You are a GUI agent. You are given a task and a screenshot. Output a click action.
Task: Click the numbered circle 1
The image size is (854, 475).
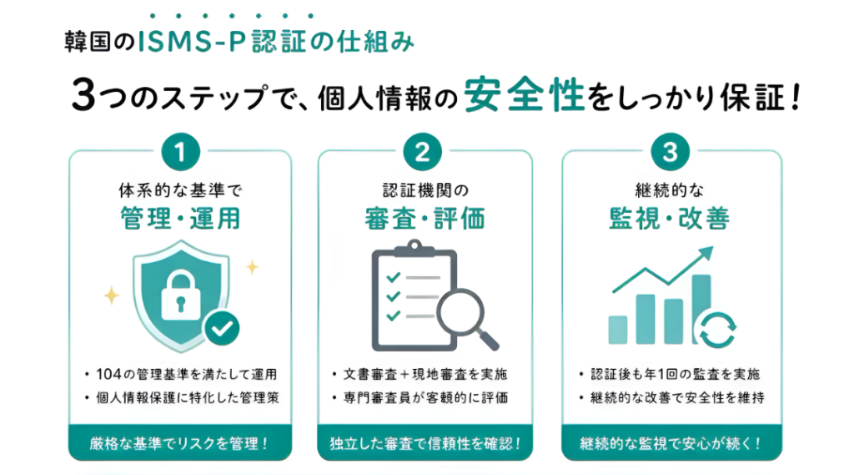(x=180, y=152)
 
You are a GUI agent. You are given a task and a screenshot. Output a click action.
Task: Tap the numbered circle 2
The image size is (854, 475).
(x=423, y=152)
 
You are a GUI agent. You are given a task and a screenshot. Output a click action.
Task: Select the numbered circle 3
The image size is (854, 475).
(x=671, y=152)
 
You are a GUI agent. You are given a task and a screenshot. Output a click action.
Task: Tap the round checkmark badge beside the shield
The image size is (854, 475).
(x=222, y=328)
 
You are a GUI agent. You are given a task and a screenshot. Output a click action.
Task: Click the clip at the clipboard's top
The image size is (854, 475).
(x=414, y=249)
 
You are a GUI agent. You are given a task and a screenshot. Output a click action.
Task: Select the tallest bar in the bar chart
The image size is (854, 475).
(x=701, y=309)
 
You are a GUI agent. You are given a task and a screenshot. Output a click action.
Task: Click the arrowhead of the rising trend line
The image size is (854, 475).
(x=706, y=254)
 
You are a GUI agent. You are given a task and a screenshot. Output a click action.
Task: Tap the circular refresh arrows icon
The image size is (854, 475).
(x=718, y=330)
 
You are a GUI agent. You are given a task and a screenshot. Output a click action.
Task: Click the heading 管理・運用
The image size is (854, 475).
(x=180, y=219)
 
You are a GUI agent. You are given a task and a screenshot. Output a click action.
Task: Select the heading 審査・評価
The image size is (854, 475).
(x=424, y=219)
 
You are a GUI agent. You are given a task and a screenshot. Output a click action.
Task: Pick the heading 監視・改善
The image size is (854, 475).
(x=670, y=219)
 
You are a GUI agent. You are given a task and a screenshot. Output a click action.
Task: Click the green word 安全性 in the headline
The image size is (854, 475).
(x=524, y=94)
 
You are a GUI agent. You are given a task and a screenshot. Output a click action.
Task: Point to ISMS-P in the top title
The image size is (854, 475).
(x=193, y=43)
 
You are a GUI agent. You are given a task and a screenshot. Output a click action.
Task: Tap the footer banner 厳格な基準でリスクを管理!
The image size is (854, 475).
(x=180, y=443)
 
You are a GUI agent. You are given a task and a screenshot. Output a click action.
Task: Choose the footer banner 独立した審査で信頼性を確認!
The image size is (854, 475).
(x=424, y=443)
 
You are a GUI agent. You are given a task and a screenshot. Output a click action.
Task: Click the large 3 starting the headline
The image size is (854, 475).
(x=84, y=95)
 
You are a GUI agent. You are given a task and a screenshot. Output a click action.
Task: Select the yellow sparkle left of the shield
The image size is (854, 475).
(x=112, y=295)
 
